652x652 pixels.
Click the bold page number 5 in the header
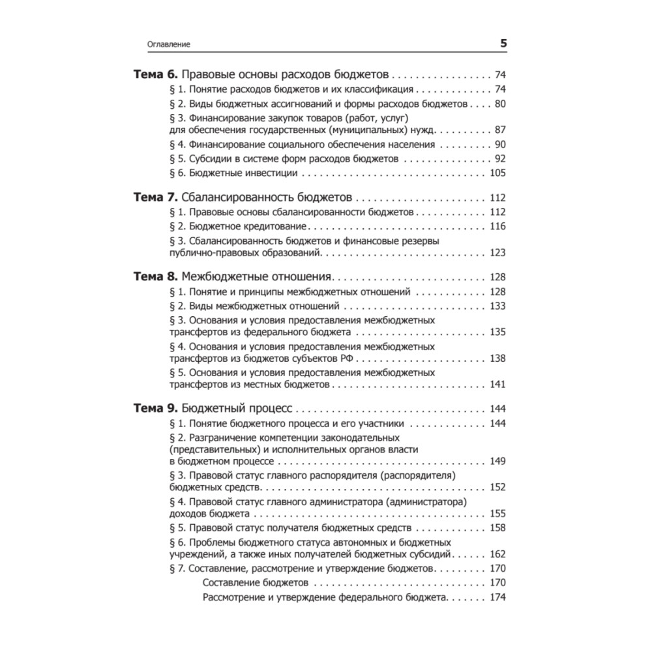click(x=503, y=44)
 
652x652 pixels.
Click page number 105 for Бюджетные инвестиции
click(x=497, y=173)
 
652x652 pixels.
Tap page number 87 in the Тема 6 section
click(x=500, y=129)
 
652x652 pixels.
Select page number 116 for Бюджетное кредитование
click(x=497, y=226)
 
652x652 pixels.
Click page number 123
click(x=497, y=253)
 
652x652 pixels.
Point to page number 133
click(x=497, y=306)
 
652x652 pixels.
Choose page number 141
click(x=497, y=385)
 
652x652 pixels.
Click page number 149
click(x=497, y=462)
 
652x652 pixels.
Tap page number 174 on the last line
click(x=497, y=598)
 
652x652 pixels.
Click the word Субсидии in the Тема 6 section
click(x=209, y=158)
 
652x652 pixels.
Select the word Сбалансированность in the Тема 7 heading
click(x=228, y=197)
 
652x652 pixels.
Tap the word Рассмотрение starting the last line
click(x=233, y=598)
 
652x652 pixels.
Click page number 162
click(x=497, y=554)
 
